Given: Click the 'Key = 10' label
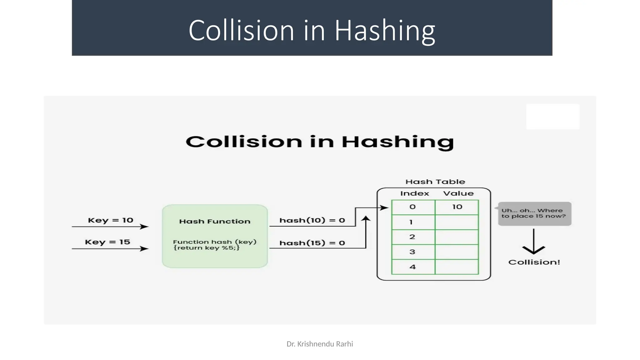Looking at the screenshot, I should [111, 220].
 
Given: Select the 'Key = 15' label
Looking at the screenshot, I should [107, 242].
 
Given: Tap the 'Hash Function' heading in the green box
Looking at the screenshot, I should [215, 222].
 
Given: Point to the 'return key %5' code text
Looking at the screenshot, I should [207, 248].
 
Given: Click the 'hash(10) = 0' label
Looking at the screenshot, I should [312, 221].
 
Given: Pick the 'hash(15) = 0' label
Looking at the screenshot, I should [312, 243].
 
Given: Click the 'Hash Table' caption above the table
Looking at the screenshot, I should [435, 182].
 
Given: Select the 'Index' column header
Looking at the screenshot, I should [414, 193].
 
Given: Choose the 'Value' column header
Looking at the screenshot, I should [458, 193].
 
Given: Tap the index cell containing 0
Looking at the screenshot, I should [413, 207].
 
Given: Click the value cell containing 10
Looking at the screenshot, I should [457, 207].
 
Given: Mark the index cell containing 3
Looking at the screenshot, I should [413, 252].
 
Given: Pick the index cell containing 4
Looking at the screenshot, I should [413, 267].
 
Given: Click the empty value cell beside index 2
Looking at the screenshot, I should [457, 237].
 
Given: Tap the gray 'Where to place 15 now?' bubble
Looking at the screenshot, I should [534, 213].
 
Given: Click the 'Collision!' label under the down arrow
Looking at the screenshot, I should [534, 262].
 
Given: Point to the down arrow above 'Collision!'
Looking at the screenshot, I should [533, 242].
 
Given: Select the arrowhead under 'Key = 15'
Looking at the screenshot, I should [144, 249].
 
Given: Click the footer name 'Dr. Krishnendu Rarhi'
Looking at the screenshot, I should [320, 344].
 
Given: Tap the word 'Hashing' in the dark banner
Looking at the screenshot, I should [385, 31].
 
